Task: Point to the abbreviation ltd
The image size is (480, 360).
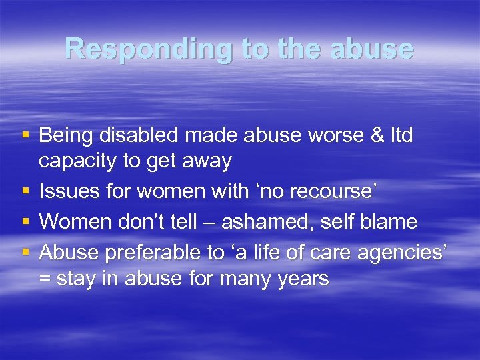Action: (401, 136)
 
